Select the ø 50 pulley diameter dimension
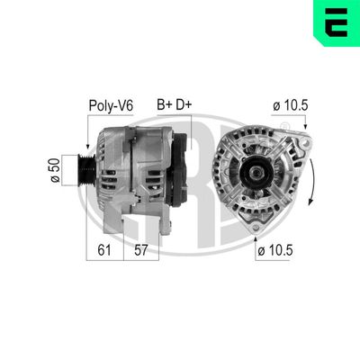tap(56, 168)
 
